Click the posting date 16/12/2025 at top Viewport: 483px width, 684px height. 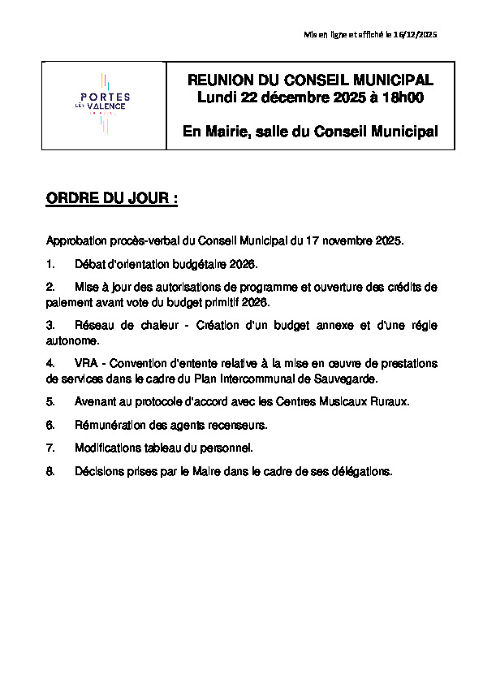414,34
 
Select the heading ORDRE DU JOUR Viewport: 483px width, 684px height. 111,199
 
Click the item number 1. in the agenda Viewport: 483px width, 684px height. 50,265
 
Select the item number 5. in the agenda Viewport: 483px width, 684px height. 50,401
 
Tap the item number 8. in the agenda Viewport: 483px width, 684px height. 50,470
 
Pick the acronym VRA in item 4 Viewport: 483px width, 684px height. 86,362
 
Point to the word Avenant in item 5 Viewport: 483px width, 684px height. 96,401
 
